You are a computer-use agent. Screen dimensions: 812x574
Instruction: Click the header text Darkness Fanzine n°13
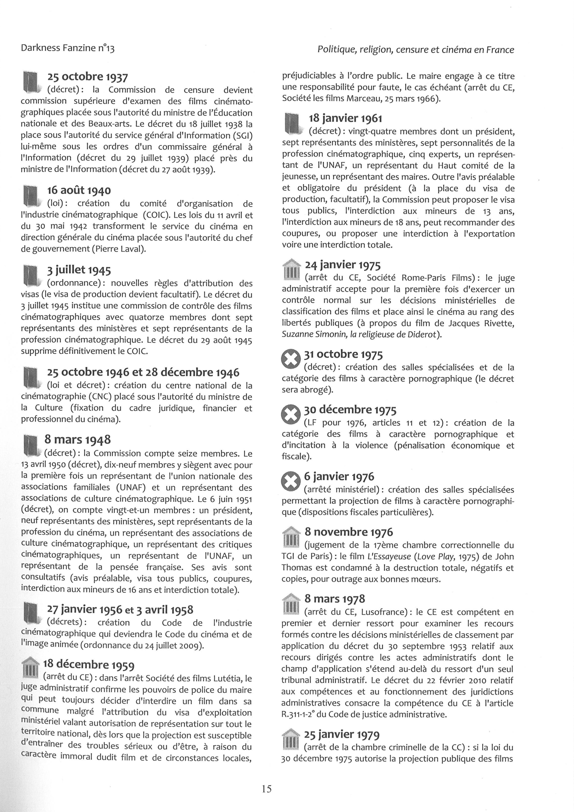pyautogui.click(x=68, y=48)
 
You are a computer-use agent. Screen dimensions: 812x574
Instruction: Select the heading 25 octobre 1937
pyautogui.click(x=87, y=77)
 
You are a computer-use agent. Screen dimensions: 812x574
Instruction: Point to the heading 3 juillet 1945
pyautogui.click(x=79, y=270)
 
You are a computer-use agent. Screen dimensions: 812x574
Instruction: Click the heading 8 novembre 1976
pyautogui.click(x=349, y=532)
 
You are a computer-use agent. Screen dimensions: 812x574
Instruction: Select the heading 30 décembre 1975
pyautogui.click(x=350, y=410)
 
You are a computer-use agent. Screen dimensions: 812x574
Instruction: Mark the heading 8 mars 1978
pyautogui.click(x=335, y=599)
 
